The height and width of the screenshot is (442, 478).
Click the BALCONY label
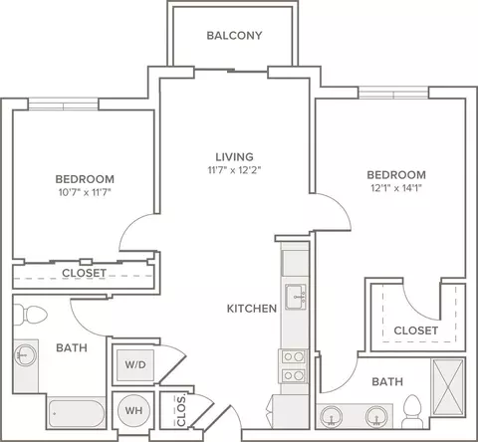(x=234, y=36)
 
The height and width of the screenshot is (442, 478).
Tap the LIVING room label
(x=234, y=156)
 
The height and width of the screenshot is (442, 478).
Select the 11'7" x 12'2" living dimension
(x=234, y=170)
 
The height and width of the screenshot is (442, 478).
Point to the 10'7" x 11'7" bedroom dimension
(x=85, y=192)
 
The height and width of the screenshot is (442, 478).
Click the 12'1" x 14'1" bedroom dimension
(x=396, y=188)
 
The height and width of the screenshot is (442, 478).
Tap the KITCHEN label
(x=252, y=309)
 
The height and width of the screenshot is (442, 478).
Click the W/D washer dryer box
(x=135, y=365)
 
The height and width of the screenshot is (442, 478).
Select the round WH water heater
(x=133, y=411)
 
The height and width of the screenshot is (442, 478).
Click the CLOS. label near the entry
(x=181, y=411)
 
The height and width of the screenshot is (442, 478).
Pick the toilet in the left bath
(x=31, y=315)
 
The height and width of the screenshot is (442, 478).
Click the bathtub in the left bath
(x=77, y=413)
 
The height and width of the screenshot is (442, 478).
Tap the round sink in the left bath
(x=25, y=355)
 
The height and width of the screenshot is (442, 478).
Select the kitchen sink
(x=296, y=297)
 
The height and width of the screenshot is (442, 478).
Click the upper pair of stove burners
(x=294, y=357)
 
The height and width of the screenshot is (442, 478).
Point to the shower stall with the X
(x=448, y=387)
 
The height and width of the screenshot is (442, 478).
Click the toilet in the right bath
(x=413, y=411)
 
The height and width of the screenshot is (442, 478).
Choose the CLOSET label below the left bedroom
(x=85, y=273)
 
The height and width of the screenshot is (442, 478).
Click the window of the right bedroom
(x=393, y=93)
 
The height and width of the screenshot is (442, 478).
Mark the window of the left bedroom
(x=63, y=105)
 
